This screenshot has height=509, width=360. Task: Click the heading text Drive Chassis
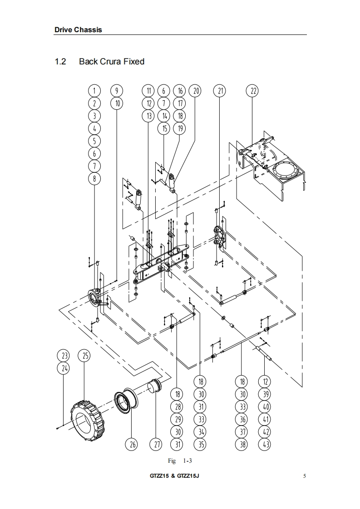click(78, 30)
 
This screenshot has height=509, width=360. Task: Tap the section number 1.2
click(60, 61)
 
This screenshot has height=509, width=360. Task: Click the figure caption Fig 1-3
click(180, 460)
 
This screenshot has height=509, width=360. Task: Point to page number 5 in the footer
click(305, 476)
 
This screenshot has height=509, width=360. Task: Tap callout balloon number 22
click(252, 91)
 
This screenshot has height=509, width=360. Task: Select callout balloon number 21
click(220, 91)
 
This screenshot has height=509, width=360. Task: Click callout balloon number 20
click(196, 91)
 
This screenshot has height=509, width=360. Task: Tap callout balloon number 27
click(156, 444)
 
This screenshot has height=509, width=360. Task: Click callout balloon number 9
click(117, 91)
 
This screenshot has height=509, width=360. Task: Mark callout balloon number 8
click(94, 178)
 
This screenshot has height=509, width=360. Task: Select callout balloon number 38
click(242, 444)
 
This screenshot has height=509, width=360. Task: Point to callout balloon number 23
click(64, 356)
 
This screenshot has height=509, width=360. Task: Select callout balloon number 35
click(201, 444)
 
